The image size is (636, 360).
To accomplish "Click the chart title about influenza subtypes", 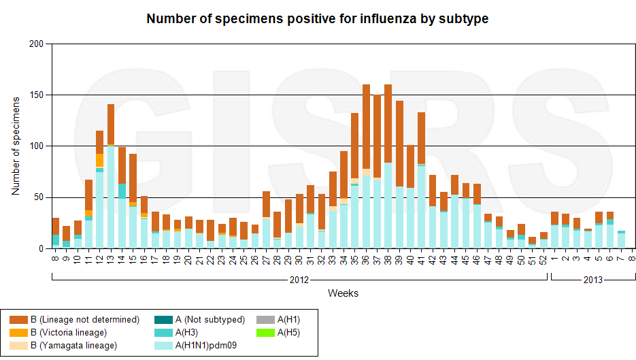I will (x=318, y=19).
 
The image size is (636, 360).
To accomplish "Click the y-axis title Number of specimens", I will (x=16, y=146).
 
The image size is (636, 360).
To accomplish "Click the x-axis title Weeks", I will (x=343, y=293).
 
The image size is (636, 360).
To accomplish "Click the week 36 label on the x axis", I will (x=366, y=259).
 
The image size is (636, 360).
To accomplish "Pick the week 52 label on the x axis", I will (x=543, y=259).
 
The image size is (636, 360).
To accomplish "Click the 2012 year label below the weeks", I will (x=299, y=280).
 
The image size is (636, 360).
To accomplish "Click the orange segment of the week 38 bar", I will (x=388, y=123).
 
